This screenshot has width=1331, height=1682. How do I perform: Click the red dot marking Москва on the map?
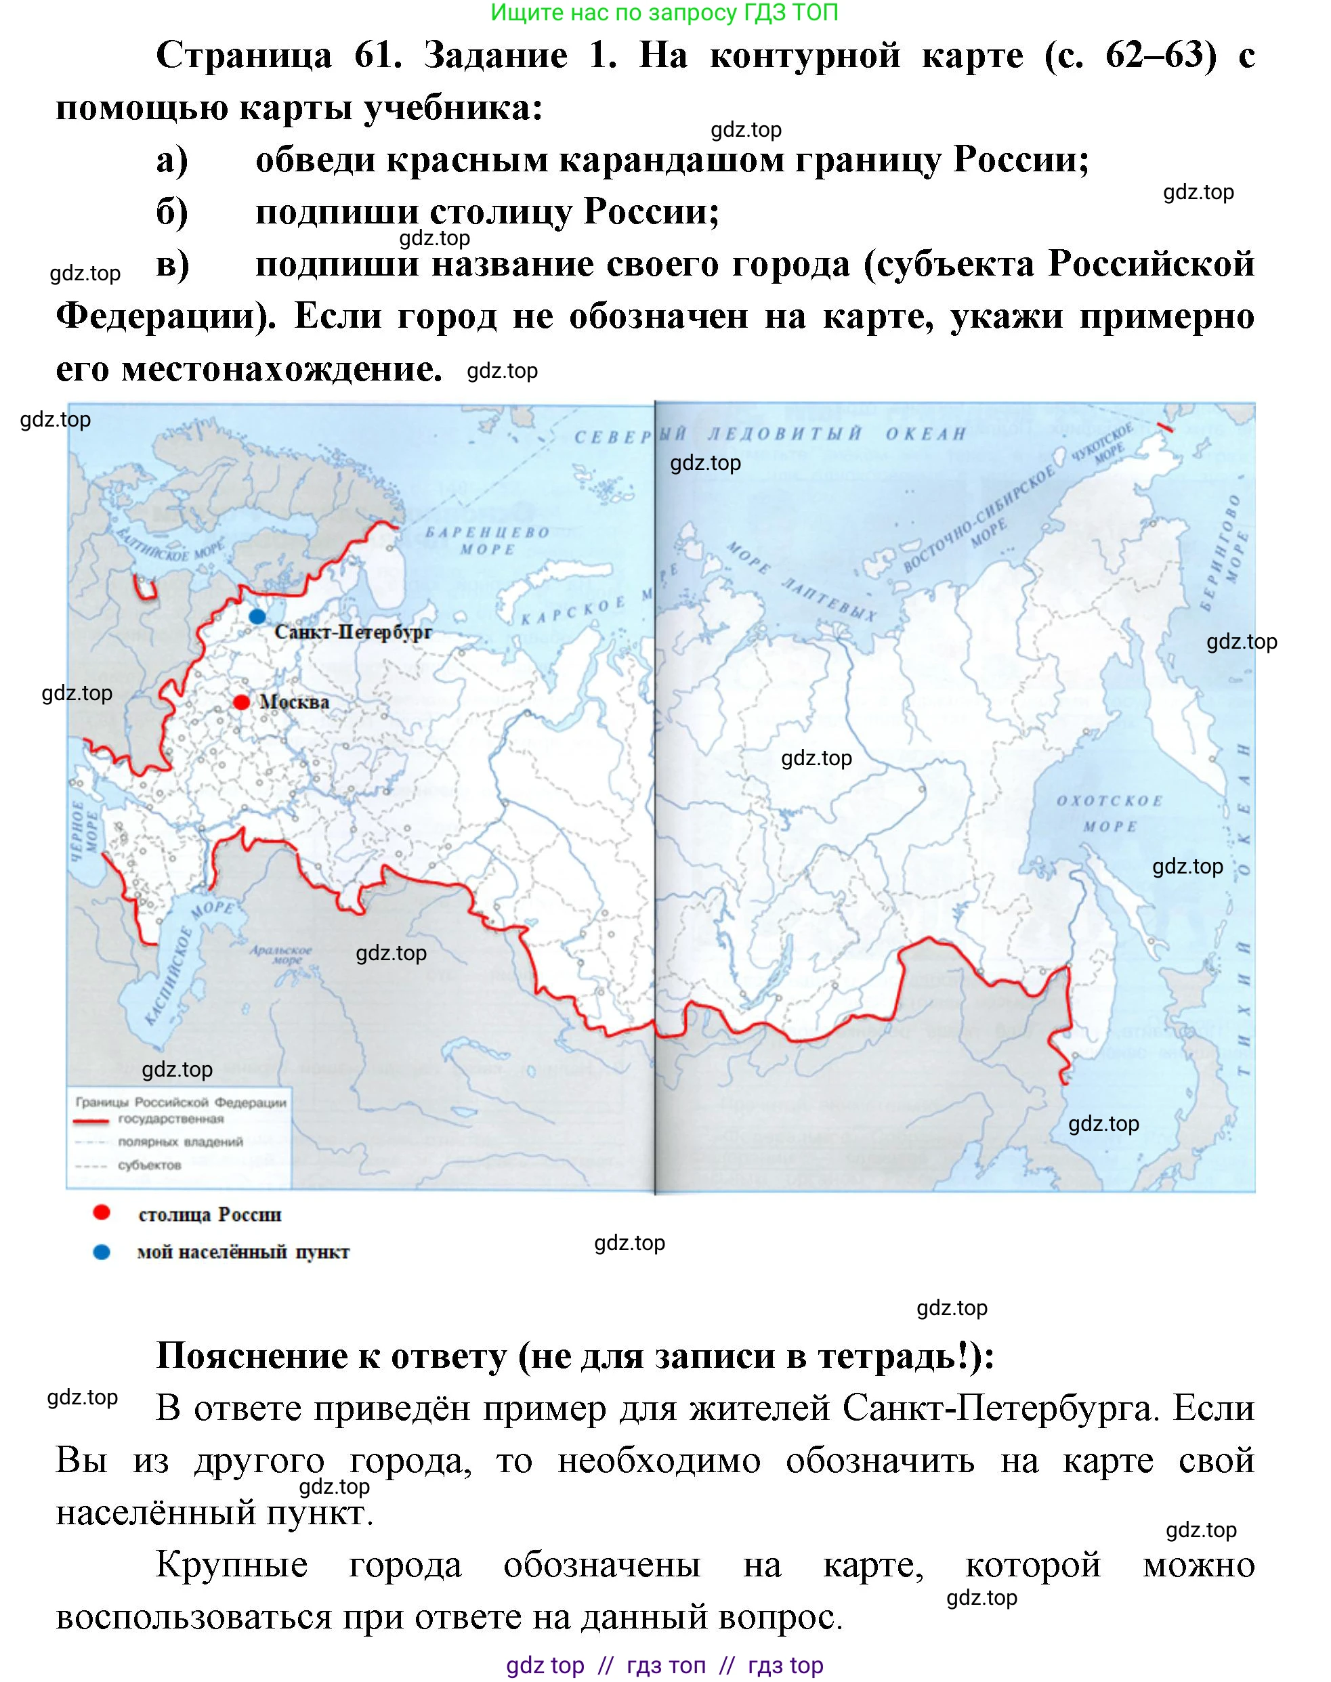[242, 702]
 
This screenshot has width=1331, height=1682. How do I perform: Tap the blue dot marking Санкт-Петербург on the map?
[257, 616]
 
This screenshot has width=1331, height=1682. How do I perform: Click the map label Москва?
[295, 702]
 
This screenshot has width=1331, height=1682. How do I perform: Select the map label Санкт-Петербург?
[353, 632]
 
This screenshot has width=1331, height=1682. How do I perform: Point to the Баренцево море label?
[487, 540]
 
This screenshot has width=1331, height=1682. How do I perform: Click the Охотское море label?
[1110, 813]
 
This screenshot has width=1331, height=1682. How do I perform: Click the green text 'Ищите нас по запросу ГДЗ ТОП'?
[664, 12]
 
